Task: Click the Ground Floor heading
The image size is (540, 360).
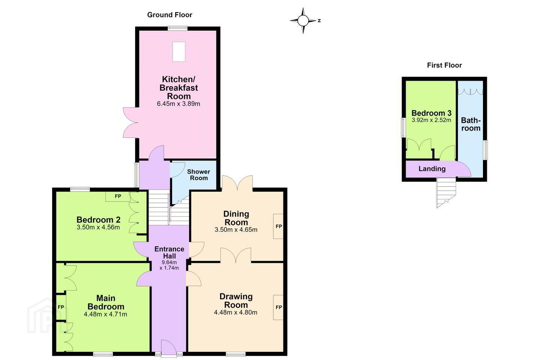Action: pos(170,15)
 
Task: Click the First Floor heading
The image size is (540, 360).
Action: pos(444,65)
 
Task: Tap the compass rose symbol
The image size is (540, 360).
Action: pos(303,21)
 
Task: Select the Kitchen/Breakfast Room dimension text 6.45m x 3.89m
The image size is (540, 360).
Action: pos(178,104)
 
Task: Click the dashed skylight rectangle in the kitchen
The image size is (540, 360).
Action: pos(179,52)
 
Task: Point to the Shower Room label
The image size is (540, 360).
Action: pos(199,175)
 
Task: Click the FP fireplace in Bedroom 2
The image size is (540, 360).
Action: pos(118,196)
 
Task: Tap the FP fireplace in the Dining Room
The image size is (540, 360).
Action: pos(278,226)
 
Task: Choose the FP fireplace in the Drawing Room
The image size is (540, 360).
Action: pos(278,307)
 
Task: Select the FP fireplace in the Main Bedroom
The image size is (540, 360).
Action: pos(61,307)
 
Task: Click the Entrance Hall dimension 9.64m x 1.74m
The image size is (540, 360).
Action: pos(169,265)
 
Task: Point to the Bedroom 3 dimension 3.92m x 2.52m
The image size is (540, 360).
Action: pos(431,120)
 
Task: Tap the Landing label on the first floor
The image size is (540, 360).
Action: pos(432,169)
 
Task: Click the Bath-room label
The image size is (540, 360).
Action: pos(471,124)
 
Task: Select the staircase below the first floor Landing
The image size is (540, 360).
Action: pos(446,192)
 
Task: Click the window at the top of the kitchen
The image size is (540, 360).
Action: pos(178,28)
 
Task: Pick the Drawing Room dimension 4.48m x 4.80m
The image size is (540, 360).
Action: pos(235,312)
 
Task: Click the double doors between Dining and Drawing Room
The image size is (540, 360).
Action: pos(236,255)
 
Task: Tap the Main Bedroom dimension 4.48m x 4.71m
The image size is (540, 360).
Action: pos(105,314)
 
